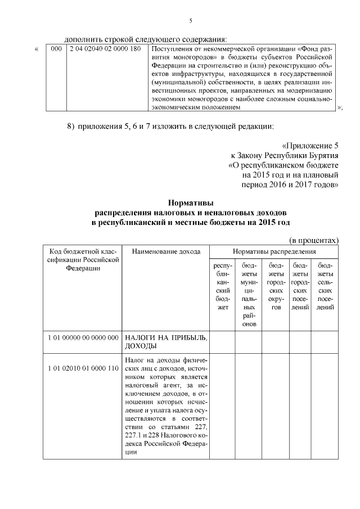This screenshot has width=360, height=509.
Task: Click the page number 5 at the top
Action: pos(190,21)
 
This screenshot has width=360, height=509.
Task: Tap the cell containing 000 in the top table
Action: pos(56,49)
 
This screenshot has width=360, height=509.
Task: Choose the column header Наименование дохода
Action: pos(166,251)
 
